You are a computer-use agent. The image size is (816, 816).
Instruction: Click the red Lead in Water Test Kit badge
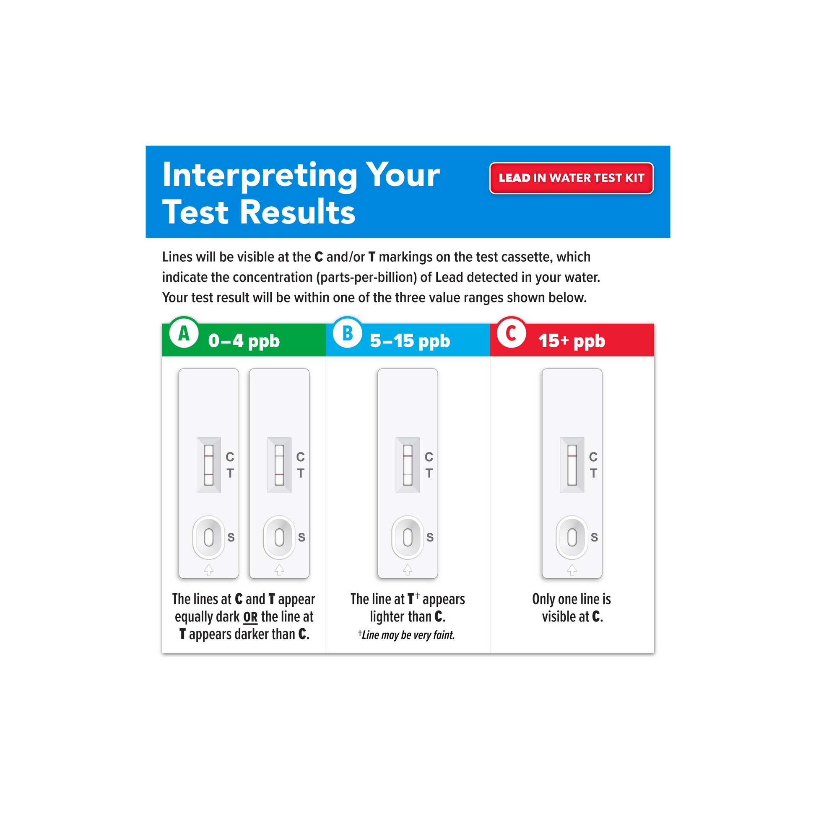(x=572, y=178)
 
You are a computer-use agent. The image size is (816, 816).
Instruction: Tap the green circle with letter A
(x=184, y=333)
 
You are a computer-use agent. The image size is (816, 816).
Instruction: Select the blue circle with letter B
(x=347, y=333)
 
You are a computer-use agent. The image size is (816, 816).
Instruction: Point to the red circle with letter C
(x=511, y=333)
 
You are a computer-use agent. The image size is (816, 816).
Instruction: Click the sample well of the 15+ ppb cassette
(x=572, y=537)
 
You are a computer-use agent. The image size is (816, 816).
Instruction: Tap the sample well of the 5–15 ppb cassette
(x=408, y=537)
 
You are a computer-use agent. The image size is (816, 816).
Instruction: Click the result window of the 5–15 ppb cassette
(x=408, y=465)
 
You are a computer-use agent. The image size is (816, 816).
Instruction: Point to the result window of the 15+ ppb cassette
(x=572, y=465)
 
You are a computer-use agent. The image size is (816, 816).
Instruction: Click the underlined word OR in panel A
(x=250, y=618)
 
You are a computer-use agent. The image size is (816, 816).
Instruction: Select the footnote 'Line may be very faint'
(x=406, y=635)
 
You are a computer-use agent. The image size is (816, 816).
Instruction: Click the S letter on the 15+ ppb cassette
(x=594, y=537)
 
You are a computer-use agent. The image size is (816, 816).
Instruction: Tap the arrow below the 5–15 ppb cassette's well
(x=408, y=569)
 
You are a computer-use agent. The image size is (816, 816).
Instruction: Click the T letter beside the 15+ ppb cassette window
(x=593, y=473)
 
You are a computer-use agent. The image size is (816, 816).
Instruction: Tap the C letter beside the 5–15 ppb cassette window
(x=429, y=457)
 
